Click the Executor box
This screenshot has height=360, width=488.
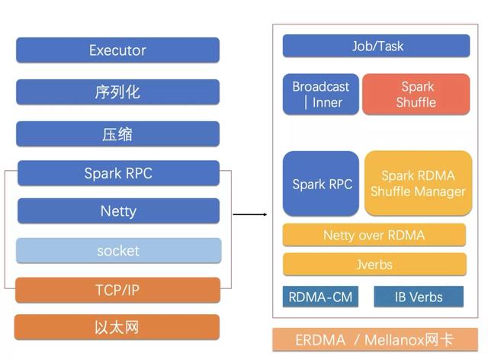click(x=117, y=50)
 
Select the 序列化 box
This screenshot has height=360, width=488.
click(x=117, y=92)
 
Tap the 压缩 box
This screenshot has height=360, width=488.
click(x=117, y=134)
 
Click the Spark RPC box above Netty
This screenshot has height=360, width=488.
click(x=118, y=173)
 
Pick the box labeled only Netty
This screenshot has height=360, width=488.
click(x=118, y=211)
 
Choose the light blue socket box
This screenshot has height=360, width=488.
click(x=118, y=250)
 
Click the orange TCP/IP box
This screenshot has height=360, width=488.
click(x=117, y=290)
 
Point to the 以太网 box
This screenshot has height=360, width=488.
click(x=117, y=327)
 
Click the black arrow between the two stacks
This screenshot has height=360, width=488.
click(x=249, y=214)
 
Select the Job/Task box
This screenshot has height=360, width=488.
click(x=376, y=46)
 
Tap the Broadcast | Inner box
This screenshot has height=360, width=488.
click(x=321, y=95)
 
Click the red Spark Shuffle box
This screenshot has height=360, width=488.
click(x=416, y=95)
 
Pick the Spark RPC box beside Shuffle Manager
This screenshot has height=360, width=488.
click(x=321, y=184)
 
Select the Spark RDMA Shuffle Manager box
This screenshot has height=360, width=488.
click(x=418, y=183)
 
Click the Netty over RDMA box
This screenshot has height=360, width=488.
click(x=374, y=235)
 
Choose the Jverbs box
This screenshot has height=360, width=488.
click(x=374, y=265)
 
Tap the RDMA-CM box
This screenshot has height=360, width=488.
click(x=321, y=297)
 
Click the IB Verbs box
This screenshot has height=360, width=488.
click(x=418, y=297)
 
